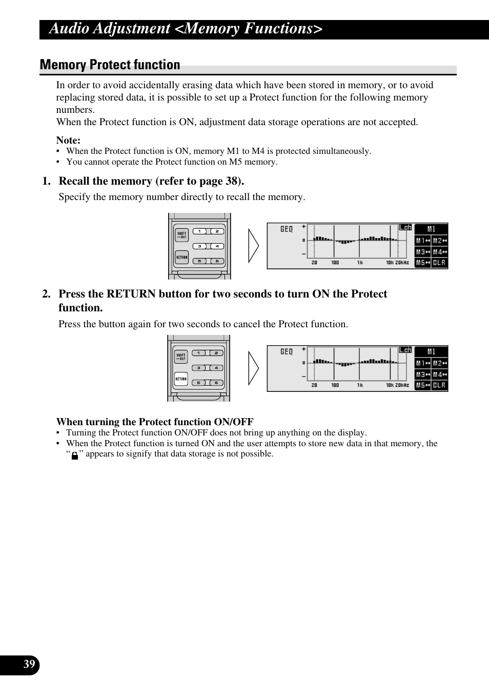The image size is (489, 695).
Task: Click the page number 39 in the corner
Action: (x=29, y=665)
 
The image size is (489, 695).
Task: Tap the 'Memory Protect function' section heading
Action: (x=110, y=65)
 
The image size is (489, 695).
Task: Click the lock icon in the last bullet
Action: (x=75, y=455)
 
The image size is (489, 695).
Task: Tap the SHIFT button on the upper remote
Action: (x=181, y=235)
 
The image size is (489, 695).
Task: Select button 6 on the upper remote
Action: (x=217, y=261)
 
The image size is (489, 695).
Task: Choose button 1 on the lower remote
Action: (x=198, y=353)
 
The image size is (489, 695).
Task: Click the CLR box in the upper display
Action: (x=439, y=263)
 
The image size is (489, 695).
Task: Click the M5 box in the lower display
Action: (x=422, y=385)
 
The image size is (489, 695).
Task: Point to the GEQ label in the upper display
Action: (x=287, y=229)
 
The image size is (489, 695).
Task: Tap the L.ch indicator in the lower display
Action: (x=405, y=350)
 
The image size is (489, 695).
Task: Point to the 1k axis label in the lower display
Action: (x=360, y=385)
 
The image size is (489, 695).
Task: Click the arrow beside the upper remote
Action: (x=254, y=246)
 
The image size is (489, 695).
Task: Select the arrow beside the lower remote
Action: (x=254, y=368)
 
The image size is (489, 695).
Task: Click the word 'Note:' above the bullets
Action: (x=68, y=141)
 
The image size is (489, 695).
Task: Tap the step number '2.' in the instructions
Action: (x=46, y=294)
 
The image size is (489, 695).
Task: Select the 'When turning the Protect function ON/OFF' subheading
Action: (x=155, y=422)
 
